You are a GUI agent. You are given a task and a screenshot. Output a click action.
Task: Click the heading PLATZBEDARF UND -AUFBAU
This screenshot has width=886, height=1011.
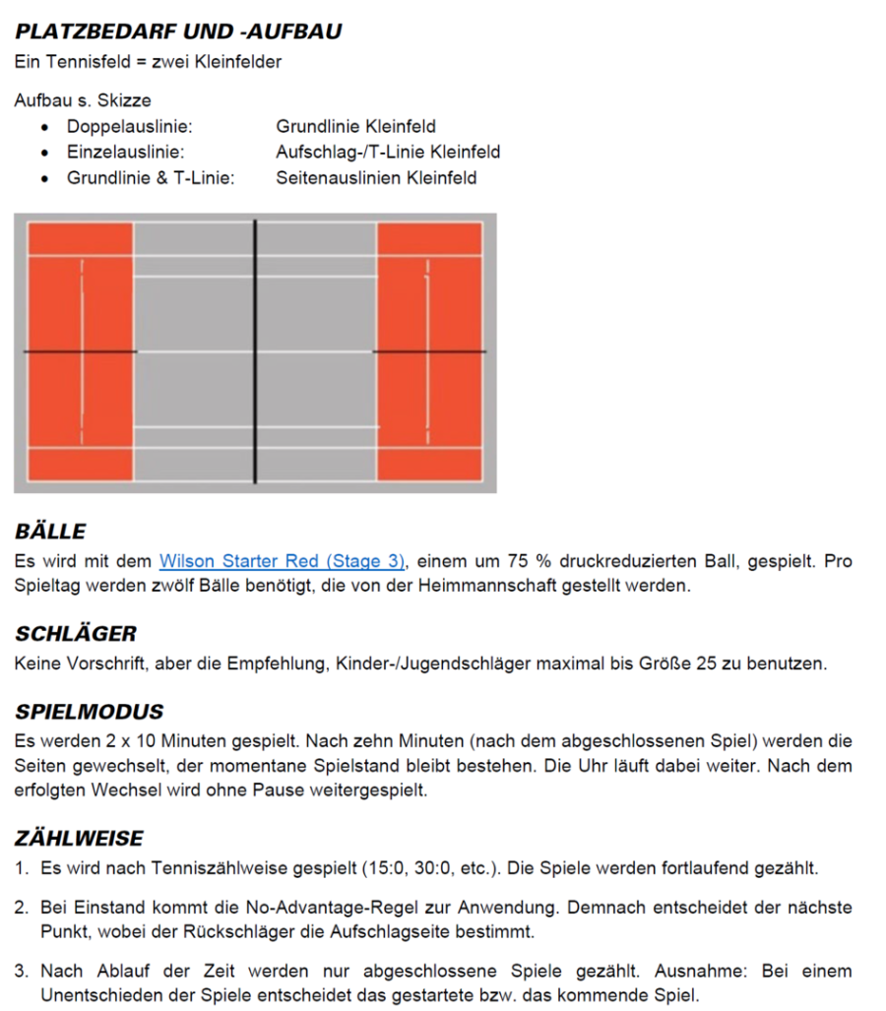[178, 32]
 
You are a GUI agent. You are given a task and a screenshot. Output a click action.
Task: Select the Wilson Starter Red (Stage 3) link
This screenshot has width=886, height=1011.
[282, 561]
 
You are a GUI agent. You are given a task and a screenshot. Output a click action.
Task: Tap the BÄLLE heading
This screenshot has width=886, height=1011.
[50, 532]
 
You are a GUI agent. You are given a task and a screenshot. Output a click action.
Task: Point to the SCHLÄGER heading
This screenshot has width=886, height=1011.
[76, 633]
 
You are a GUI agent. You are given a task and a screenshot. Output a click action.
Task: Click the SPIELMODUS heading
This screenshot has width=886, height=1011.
[89, 711]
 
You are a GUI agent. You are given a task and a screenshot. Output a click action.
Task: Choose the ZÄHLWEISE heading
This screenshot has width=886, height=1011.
[79, 838]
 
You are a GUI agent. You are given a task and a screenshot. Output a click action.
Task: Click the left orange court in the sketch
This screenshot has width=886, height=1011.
[80, 351]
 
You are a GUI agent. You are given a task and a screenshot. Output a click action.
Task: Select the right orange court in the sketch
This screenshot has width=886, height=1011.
[429, 351]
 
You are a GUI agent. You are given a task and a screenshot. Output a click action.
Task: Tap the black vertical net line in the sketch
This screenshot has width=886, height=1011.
[255, 351]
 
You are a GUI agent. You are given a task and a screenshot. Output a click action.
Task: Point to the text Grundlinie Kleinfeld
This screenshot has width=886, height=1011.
[355, 127]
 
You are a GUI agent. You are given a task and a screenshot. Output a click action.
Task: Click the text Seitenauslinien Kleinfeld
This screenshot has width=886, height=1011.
[376, 178]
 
